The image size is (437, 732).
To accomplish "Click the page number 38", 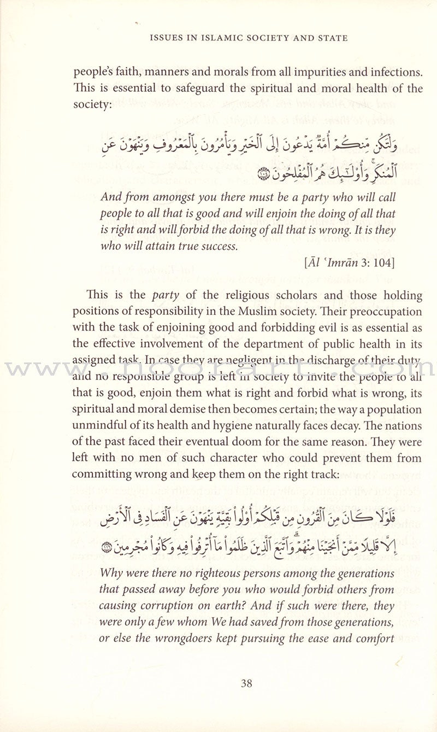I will [x=246, y=683].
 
